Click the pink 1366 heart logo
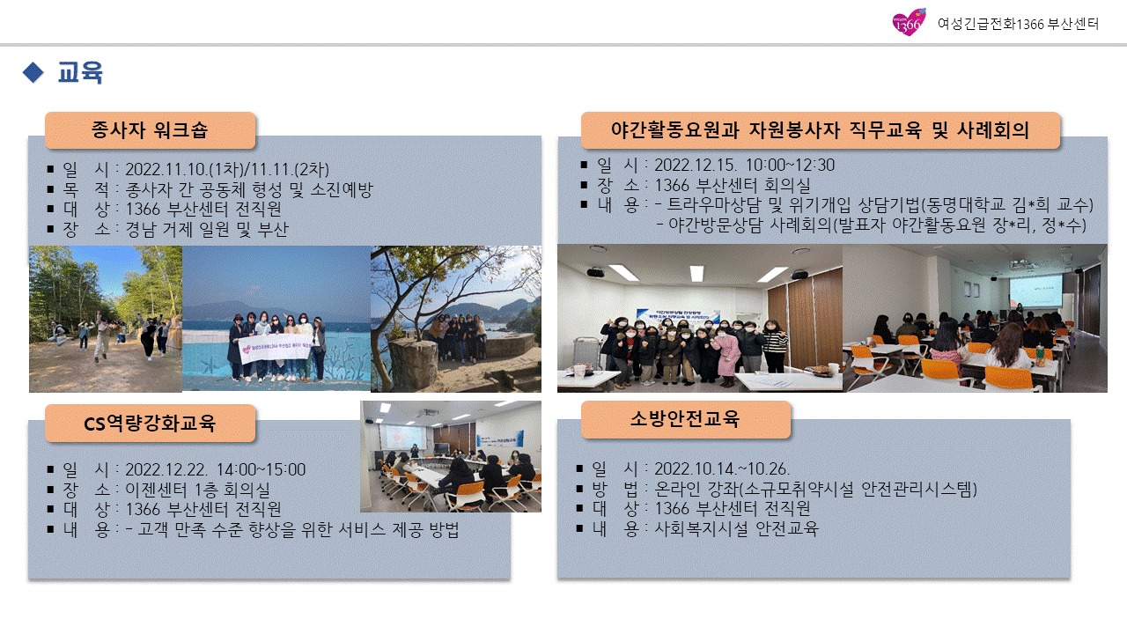[x=909, y=22]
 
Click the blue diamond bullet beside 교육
[x=33, y=72]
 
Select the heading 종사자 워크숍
[x=150, y=129]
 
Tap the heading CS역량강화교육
[x=150, y=424]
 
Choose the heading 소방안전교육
[x=685, y=418]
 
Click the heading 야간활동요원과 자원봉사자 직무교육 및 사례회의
[x=820, y=129]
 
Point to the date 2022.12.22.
[x=166, y=469]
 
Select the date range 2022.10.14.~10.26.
[x=722, y=469]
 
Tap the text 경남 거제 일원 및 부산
[x=207, y=230]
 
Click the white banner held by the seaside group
[x=276, y=347]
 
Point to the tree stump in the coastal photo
[x=413, y=365]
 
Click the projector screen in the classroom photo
[x=1035, y=291]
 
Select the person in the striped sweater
[x=774, y=347]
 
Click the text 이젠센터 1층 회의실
[x=198, y=490]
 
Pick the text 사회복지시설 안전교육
[x=737, y=528]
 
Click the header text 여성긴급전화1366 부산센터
[x=1018, y=24]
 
